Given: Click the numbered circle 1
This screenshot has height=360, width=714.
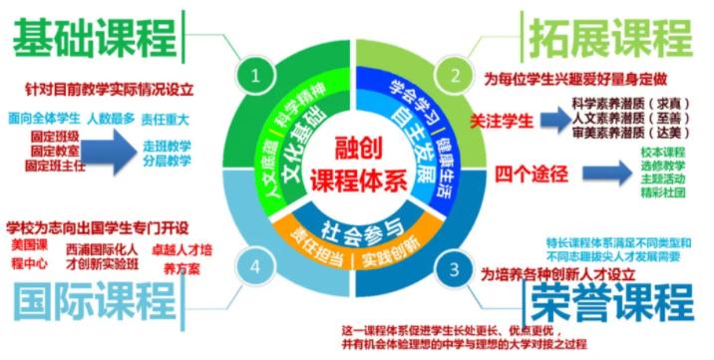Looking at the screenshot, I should (258, 74).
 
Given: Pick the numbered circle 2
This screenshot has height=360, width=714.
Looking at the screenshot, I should (456, 74).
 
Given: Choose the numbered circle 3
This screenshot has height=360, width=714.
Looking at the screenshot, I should (455, 267).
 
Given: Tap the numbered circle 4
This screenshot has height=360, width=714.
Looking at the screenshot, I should (258, 266).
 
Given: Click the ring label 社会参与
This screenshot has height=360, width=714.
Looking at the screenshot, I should (357, 222).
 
